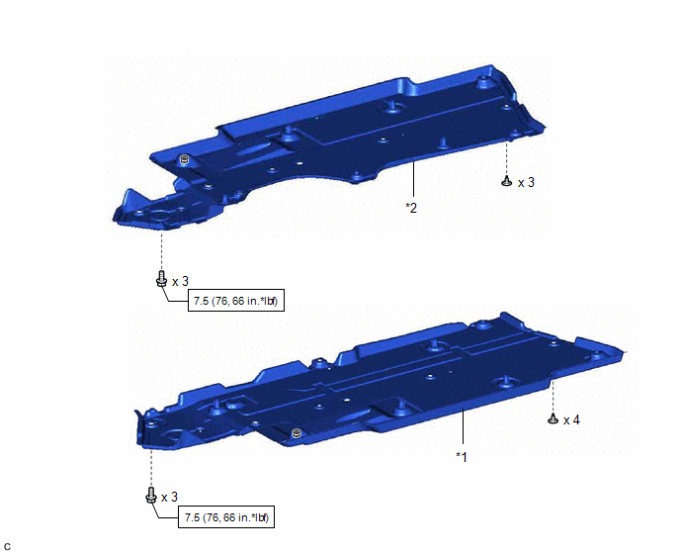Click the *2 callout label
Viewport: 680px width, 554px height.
[x=411, y=208]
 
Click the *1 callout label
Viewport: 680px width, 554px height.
[x=462, y=457]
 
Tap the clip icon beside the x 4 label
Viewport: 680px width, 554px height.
[x=552, y=419]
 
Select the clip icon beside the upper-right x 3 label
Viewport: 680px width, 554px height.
[x=506, y=181]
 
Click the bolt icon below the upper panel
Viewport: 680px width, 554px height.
[x=161, y=279]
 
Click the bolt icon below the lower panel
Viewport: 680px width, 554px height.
[x=150, y=495]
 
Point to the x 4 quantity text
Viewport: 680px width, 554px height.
[x=571, y=419]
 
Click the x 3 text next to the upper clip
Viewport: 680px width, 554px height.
[x=526, y=183]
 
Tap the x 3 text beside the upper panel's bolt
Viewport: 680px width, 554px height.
[x=181, y=281]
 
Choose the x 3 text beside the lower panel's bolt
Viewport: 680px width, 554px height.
[x=170, y=498]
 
